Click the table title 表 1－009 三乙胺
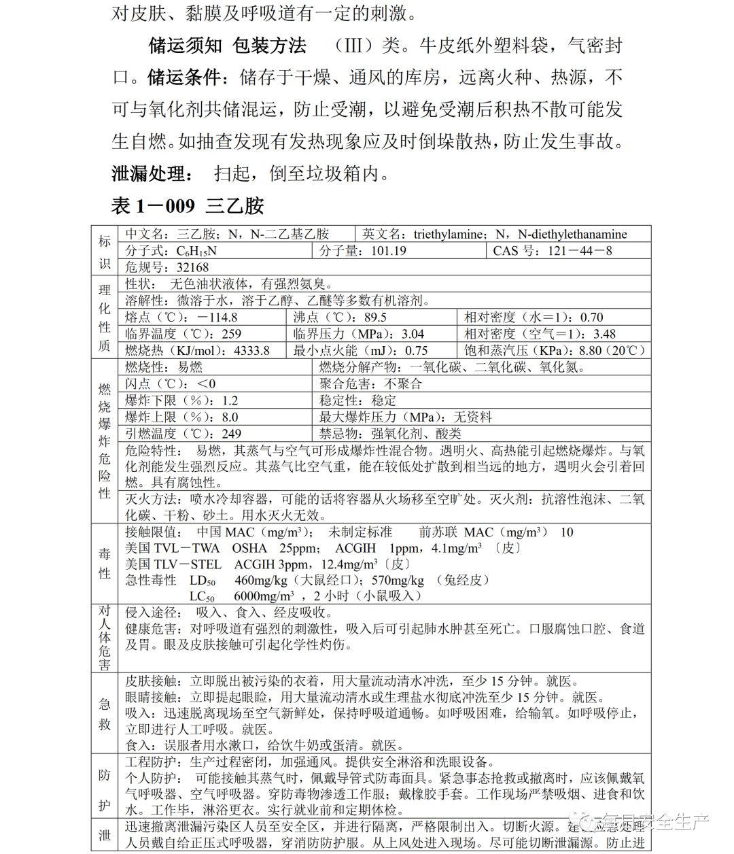tap(188, 205)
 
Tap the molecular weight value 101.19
tap(389, 251)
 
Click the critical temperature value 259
tap(231, 334)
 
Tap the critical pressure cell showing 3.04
tap(413, 334)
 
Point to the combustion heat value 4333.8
tap(251, 351)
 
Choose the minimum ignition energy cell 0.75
tap(416, 351)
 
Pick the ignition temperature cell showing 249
tap(231, 433)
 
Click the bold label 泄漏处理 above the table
tap(148, 174)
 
